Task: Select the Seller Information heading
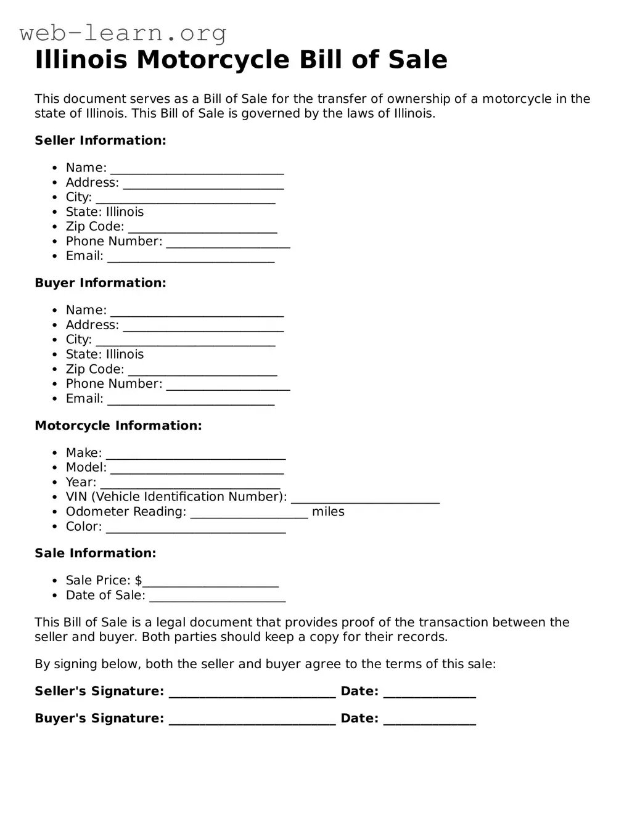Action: tap(101, 141)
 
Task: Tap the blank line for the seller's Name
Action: tap(197, 172)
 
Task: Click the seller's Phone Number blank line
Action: tap(228, 245)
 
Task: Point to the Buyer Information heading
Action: tap(101, 283)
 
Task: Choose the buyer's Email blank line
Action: tap(191, 403)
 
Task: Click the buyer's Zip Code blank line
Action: tap(202, 373)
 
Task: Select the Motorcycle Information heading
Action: tap(118, 425)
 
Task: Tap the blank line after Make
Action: tap(195, 457)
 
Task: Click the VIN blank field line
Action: tap(365, 501)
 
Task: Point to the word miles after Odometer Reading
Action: tap(328, 512)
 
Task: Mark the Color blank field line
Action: tap(195, 531)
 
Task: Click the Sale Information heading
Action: tap(96, 553)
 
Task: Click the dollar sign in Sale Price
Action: tap(138, 581)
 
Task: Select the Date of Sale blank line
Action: tap(217, 599)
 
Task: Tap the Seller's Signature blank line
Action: tap(252, 695)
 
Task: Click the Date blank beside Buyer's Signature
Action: tap(429, 722)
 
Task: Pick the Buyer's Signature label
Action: tap(99, 718)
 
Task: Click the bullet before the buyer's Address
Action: tap(55, 325)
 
